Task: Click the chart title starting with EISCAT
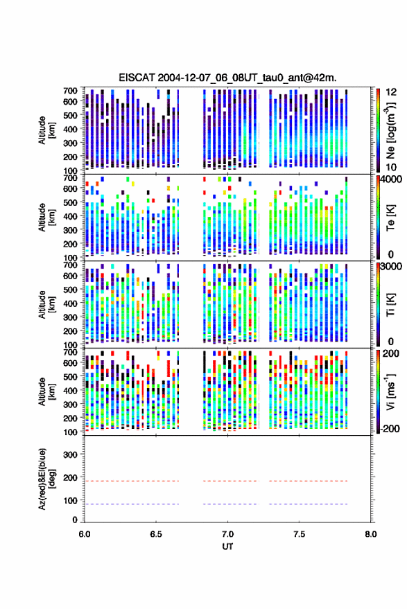pos(227,78)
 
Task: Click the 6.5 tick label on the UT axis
pos(156,534)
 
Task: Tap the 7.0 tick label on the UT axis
pos(227,534)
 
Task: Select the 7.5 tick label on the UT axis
pos(299,534)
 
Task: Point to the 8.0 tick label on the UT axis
pos(371,534)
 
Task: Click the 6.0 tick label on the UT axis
pos(85,534)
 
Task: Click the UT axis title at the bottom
pos(227,547)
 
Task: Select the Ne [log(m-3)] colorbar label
pos(390,130)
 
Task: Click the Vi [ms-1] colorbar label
pos(390,392)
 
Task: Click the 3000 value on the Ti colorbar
pos(392,266)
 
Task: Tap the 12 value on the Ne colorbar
pos(391,92)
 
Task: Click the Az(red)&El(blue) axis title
pos(46,479)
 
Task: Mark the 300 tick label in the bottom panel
pos(70,454)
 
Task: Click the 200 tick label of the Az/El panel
pos(70,478)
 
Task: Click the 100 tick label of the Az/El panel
pos(70,501)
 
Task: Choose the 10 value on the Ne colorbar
pos(391,168)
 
